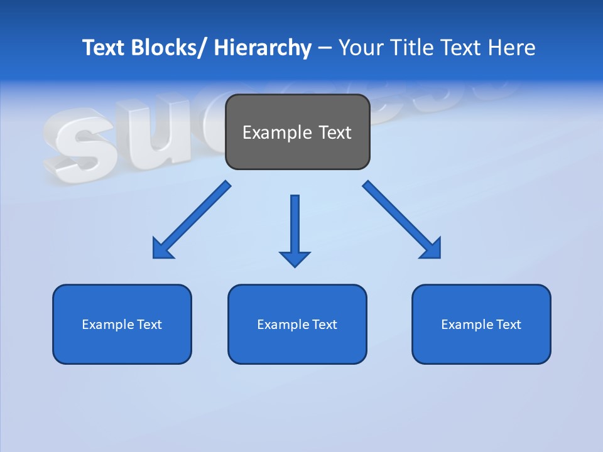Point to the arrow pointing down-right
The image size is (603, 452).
pos(402,220)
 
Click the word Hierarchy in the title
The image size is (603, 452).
pos(263,48)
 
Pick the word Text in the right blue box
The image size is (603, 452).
pos(508,325)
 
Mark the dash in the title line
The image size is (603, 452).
pos(325,48)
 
